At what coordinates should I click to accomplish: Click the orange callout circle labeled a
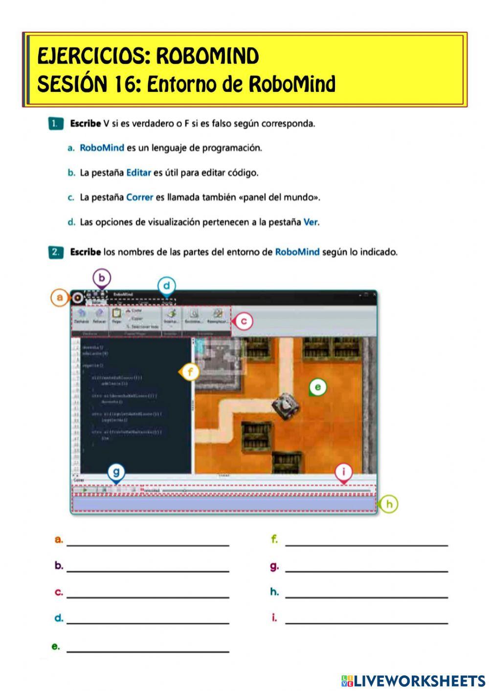60,297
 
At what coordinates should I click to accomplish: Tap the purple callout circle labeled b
102,278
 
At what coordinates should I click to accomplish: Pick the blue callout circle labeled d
167,286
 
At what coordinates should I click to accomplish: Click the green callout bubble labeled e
318,388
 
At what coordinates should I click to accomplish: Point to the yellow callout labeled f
190,372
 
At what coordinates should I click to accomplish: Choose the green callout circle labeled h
389,504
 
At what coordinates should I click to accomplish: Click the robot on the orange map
286,405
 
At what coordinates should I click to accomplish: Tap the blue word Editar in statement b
138,173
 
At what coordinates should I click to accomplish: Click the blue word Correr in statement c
139,198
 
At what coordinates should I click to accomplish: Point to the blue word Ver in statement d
310,223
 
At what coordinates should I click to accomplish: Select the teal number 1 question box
56,124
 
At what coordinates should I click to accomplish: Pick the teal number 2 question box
56,252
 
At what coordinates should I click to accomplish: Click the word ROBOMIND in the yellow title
207,57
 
